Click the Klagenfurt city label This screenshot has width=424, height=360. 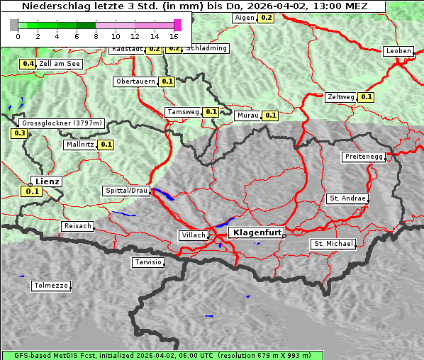point(257,232)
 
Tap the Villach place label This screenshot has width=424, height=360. point(193,235)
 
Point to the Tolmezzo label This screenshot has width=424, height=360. point(51,286)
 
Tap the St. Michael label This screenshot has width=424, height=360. point(333,244)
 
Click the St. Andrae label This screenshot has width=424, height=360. point(347,198)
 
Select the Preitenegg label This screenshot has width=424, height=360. point(364,157)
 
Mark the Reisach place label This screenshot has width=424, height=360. point(78,226)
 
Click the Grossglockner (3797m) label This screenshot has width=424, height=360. point(62,123)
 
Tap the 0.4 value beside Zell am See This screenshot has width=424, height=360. point(28,64)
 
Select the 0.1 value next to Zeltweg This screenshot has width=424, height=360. point(366,97)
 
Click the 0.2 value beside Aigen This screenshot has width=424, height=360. point(266,17)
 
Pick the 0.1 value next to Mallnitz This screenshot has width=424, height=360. point(106,145)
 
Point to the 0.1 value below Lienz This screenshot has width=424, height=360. point(32,191)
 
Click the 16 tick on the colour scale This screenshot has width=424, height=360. point(174,35)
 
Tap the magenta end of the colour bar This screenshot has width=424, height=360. point(177,25)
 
